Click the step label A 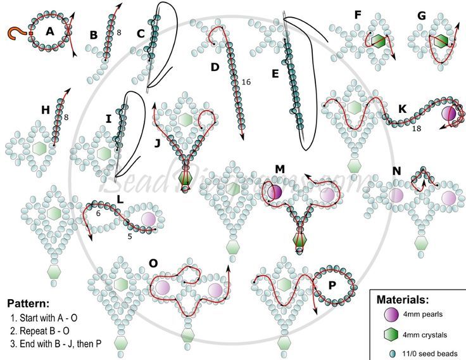50,30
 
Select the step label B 94,35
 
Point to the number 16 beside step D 246,81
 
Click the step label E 275,74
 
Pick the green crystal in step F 378,41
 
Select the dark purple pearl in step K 448,113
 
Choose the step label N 396,171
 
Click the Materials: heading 403,299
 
